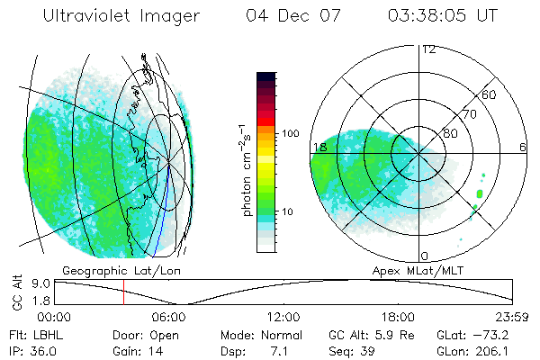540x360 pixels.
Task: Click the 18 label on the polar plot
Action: [319, 147]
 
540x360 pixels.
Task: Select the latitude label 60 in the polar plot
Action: [490, 94]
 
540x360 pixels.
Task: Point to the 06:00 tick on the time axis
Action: [169, 317]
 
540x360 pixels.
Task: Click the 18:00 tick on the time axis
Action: [398, 317]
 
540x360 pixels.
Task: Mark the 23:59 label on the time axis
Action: [512, 317]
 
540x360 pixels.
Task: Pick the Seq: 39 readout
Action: [354, 350]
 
